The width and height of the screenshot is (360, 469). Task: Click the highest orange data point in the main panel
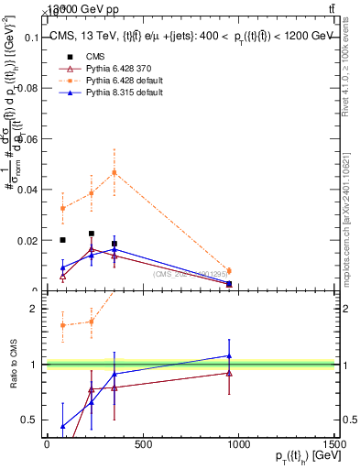pos(115,172)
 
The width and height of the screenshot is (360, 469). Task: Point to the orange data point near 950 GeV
pos(229,271)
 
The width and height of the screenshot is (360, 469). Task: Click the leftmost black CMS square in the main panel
pos(62,240)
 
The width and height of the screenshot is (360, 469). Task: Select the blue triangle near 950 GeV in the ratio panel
pos(229,355)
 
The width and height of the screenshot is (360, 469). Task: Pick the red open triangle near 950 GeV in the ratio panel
pos(229,373)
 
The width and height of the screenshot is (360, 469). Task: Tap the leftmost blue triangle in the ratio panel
pos(62,426)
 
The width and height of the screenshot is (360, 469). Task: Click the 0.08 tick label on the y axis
pos(27,88)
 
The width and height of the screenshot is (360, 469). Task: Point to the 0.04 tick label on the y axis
pos(27,190)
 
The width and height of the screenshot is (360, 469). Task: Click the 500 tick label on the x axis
pos(142,445)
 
